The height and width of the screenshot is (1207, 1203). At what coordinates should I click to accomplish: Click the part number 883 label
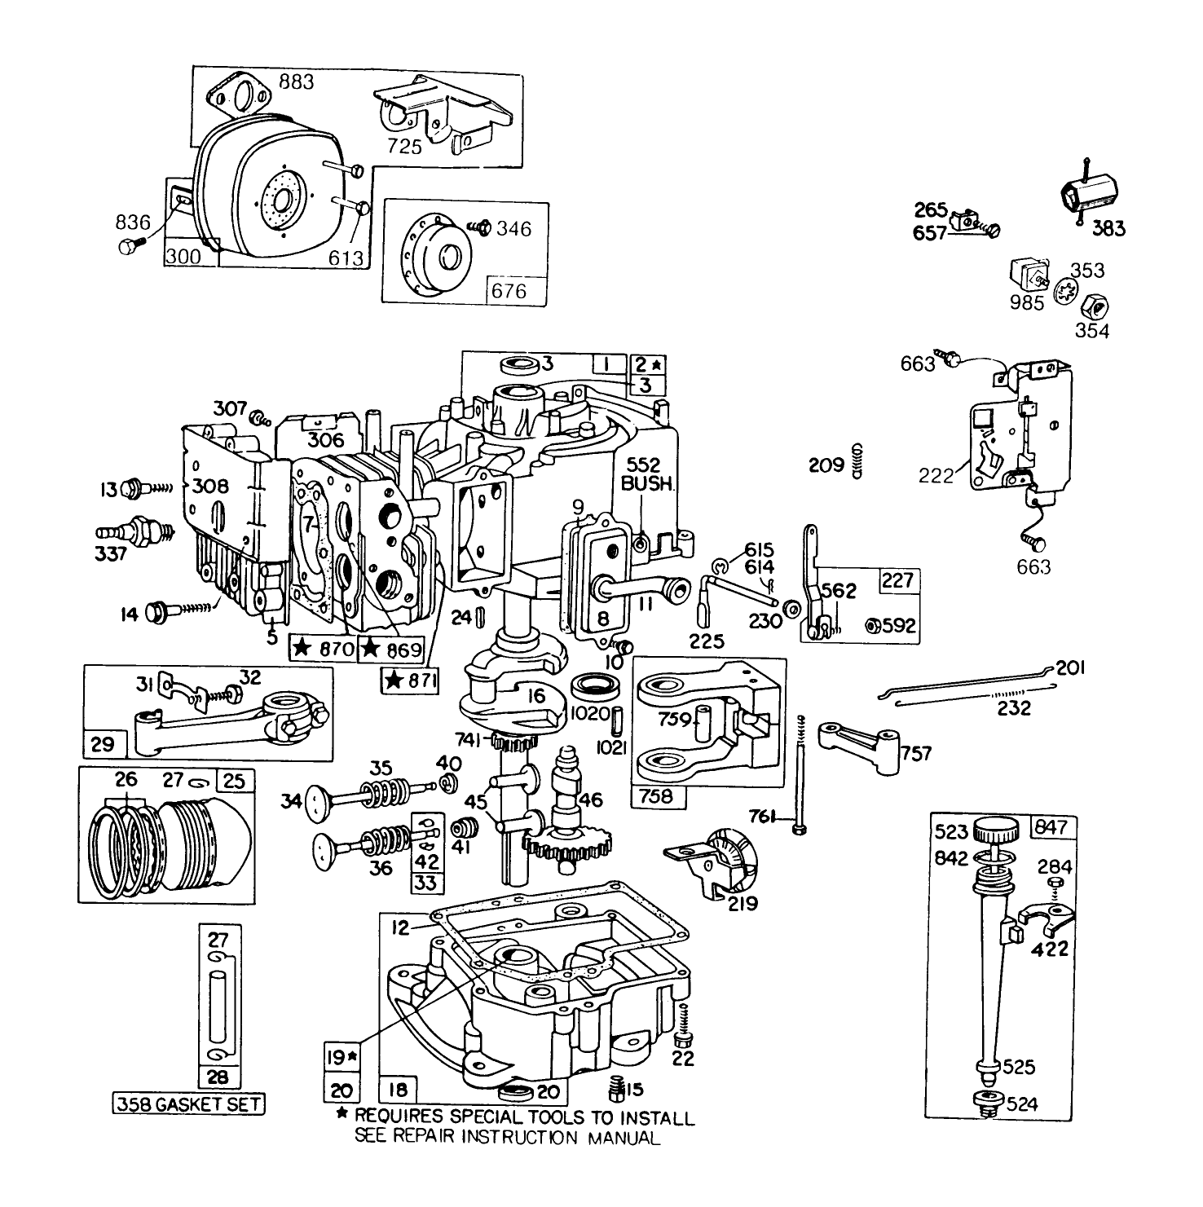pos(296,82)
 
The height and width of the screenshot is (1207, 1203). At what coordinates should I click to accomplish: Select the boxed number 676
pos(509,291)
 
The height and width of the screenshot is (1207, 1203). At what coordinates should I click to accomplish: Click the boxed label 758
pos(658,795)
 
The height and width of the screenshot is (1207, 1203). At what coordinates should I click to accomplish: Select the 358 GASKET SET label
pos(188,1104)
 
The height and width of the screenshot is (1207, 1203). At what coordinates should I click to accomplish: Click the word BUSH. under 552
pos(648,483)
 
